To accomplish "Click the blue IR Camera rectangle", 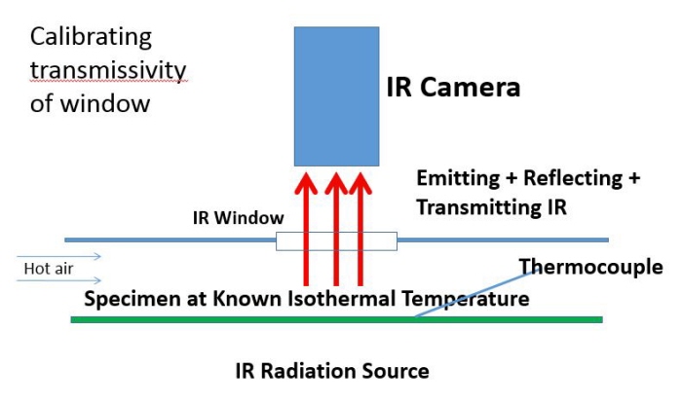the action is pos(337,96).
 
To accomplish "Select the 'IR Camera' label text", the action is pos(453,87).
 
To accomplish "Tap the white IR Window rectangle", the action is pos(337,241).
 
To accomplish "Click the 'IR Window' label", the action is pos(239,218).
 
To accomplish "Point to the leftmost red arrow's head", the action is pos(306,182).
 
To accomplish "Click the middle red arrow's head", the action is pos(336,182).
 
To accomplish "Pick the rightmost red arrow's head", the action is pos(360,182).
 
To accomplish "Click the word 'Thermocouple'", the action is pos(591,268).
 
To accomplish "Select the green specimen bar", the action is pos(337,320).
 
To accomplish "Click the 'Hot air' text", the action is pos(49,269).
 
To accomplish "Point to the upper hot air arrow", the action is pos(58,256).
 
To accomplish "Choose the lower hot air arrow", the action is pos(58,280).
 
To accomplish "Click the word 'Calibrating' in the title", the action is pos(91,38).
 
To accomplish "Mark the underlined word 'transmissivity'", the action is pos(108,71).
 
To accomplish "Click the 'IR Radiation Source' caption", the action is pos(332,371).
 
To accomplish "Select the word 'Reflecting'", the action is pos(573,178).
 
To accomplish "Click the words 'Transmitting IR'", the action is pos(492,206).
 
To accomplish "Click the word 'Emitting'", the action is pos(458,178).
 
